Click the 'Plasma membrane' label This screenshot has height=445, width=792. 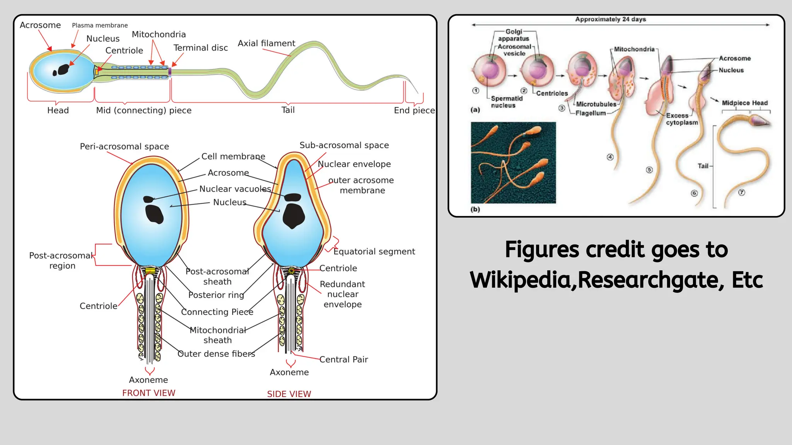click(x=100, y=25)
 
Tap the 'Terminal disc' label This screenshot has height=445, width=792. click(x=200, y=48)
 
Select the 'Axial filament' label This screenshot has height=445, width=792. click(x=266, y=43)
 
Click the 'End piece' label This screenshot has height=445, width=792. click(x=414, y=110)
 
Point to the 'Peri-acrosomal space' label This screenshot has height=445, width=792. click(x=124, y=146)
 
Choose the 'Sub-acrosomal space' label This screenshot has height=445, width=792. click(x=344, y=145)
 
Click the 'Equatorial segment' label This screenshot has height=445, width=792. click(x=374, y=251)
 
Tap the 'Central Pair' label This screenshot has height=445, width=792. click(x=343, y=360)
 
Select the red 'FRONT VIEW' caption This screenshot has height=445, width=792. click(x=148, y=393)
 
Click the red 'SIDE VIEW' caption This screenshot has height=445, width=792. click(x=289, y=394)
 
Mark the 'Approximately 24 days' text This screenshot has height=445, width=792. click(x=610, y=19)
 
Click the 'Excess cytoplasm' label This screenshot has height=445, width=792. click(x=681, y=119)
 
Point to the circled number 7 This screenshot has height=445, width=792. click(x=741, y=192)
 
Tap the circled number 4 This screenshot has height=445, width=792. click(x=610, y=157)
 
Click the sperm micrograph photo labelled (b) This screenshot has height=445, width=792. click(x=513, y=163)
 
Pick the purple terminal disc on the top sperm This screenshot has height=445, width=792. click(x=169, y=72)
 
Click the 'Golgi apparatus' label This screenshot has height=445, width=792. click(x=514, y=35)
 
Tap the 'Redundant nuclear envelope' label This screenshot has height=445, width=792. click(x=342, y=294)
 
